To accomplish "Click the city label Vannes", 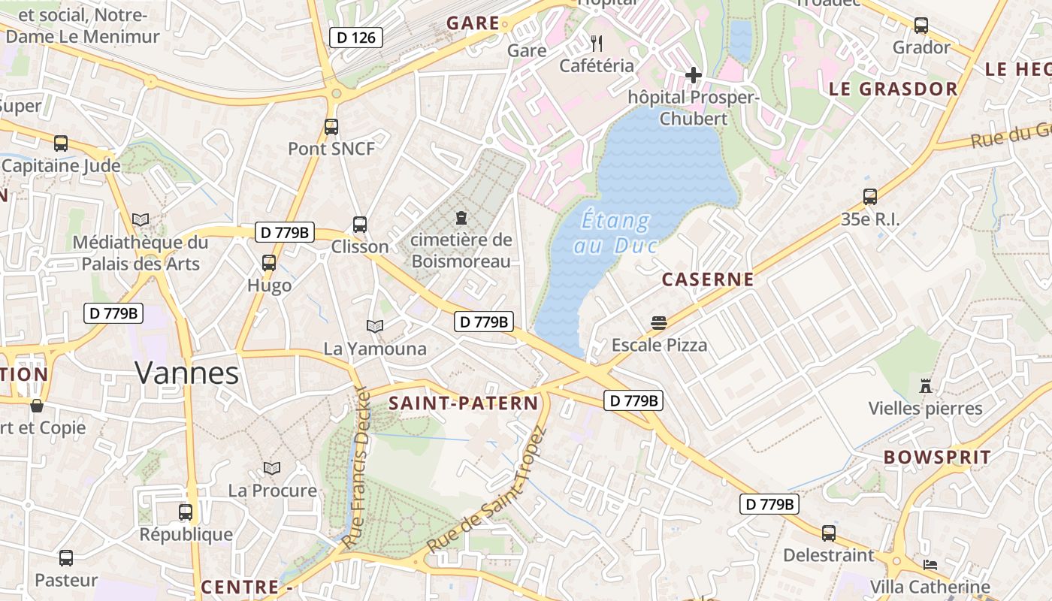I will (x=187, y=373).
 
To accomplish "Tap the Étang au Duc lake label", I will (x=616, y=233).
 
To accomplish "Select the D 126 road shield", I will (x=356, y=38).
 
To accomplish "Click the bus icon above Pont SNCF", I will (x=331, y=127).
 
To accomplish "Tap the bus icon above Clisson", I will (x=360, y=224).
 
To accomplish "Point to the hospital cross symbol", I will (x=693, y=74).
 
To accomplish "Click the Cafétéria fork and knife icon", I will (x=597, y=44).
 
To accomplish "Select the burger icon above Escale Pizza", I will (x=659, y=323).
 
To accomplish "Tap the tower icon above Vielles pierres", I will (x=925, y=386).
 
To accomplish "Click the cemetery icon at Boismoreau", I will (x=461, y=218).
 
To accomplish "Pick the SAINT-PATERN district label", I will (x=464, y=403).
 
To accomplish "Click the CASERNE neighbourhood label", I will (x=707, y=280).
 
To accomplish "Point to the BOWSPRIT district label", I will (x=937, y=457).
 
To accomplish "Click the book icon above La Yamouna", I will (x=375, y=326).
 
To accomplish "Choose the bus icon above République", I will (x=186, y=512).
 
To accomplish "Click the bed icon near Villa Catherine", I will (x=930, y=564).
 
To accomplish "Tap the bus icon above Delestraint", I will (x=828, y=533).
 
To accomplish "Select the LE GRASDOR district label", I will (x=893, y=89).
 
